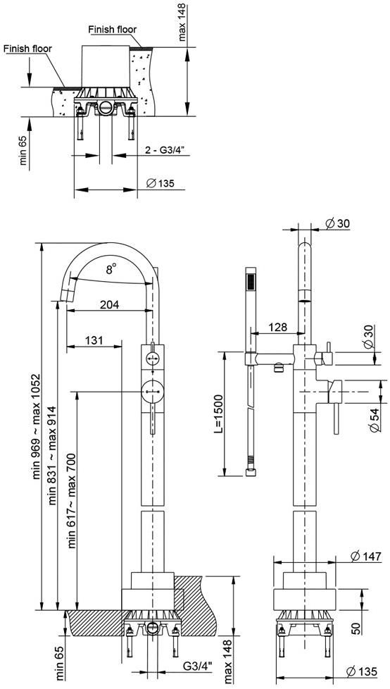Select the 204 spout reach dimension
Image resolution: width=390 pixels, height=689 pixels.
click(x=109, y=304)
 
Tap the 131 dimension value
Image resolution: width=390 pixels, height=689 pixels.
click(x=94, y=340)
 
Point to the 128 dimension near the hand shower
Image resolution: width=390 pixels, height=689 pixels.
click(x=277, y=327)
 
